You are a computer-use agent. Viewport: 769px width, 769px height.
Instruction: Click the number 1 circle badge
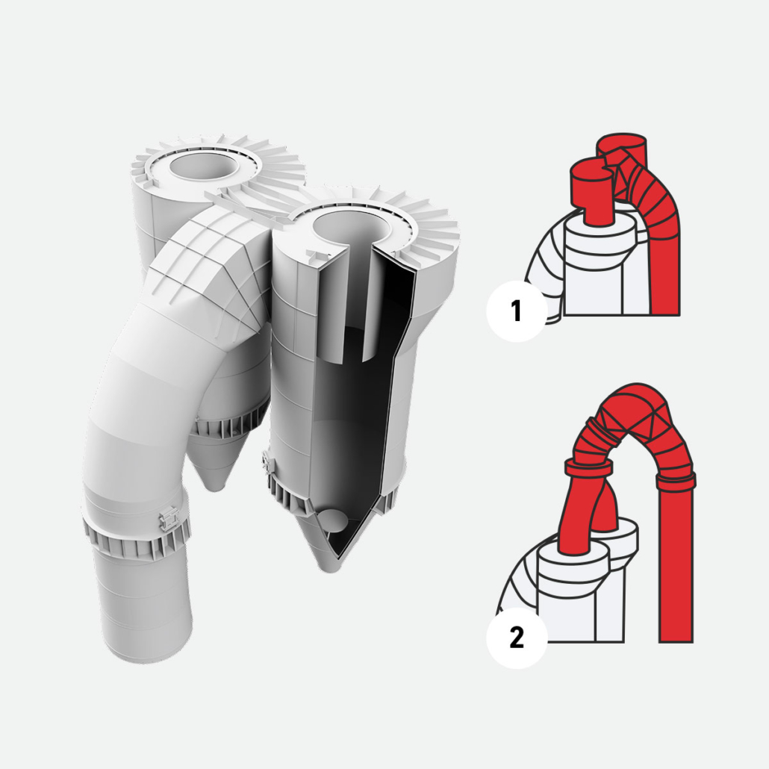517,311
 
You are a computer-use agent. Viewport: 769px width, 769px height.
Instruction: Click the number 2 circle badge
517,638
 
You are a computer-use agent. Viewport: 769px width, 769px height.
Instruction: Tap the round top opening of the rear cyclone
205,166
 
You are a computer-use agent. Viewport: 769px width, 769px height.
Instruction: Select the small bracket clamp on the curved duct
169,519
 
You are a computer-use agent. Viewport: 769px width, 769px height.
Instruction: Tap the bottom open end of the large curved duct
147,638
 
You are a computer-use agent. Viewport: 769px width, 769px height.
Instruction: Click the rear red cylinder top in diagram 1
621,141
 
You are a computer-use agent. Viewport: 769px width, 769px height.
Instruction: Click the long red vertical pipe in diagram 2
676,564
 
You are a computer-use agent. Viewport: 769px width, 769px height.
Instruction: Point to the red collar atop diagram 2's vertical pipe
676,479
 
